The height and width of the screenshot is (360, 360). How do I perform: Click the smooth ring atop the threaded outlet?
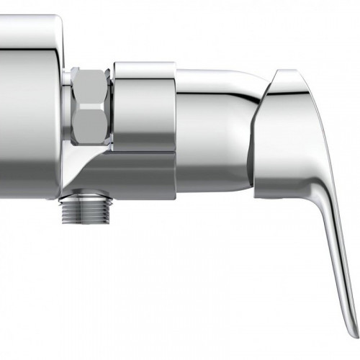click(x=84, y=196)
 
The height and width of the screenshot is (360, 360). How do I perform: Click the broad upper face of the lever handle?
click(x=295, y=130)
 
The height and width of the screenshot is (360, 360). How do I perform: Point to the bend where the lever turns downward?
click(x=317, y=194)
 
